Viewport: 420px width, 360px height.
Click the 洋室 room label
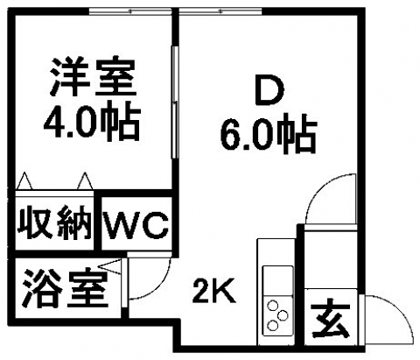(93, 77)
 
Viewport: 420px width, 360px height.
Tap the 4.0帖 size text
(93, 121)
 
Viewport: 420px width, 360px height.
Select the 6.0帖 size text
(269, 135)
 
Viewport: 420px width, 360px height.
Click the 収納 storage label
(54, 222)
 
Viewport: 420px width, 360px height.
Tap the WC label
(136, 224)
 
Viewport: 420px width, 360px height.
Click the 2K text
(213, 291)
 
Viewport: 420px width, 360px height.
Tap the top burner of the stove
(273, 306)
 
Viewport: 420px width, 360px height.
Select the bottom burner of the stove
(273, 325)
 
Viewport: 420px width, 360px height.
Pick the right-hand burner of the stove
(283, 315)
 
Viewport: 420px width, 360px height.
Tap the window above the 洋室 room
(130, 11)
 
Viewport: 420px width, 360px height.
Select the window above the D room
(220, 11)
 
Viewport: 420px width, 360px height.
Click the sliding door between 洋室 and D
(175, 102)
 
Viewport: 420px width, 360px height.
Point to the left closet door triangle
(24, 180)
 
